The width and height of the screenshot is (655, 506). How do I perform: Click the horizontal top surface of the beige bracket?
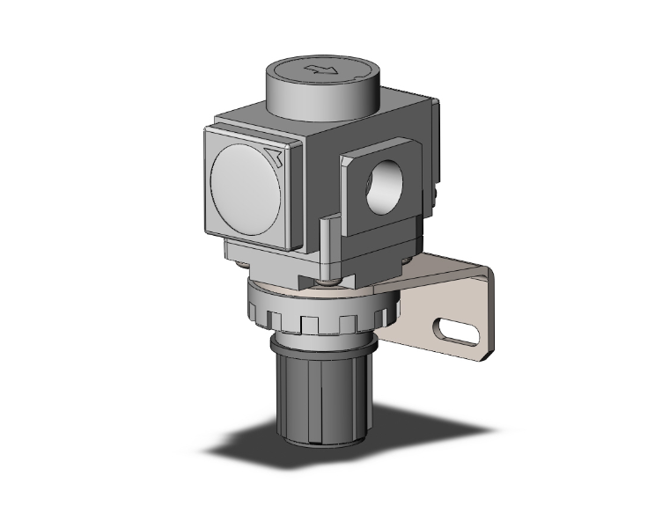click(440, 268)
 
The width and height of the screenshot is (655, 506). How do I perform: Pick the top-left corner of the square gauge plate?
click(208, 130)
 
